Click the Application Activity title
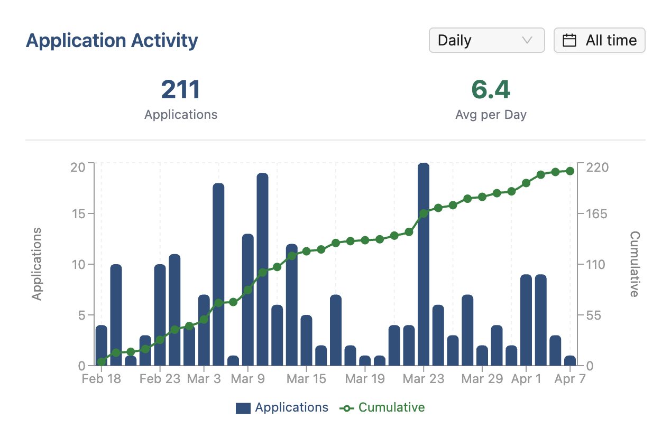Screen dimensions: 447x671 (x=112, y=41)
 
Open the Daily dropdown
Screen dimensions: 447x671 (x=486, y=41)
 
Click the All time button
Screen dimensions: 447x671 (x=599, y=41)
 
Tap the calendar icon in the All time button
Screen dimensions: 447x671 (x=569, y=41)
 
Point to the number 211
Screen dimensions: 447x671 (x=181, y=90)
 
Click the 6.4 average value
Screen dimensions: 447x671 (x=491, y=90)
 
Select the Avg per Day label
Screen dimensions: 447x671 (x=491, y=115)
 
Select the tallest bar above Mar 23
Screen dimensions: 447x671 (x=424, y=264)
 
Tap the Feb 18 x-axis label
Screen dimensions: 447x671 (x=102, y=379)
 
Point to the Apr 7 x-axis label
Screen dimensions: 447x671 (x=569, y=379)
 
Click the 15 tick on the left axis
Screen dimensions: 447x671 (x=78, y=214)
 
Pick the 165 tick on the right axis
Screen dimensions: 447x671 (x=596, y=214)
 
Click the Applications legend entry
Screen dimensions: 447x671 (x=282, y=408)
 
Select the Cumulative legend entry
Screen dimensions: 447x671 (x=382, y=408)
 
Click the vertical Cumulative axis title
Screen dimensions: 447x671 (x=635, y=264)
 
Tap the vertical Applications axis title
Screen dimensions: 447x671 (x=36, y=264)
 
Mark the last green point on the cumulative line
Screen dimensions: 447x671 (x=570, y=171)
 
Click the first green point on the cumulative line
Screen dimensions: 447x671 (x=102, y=362)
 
